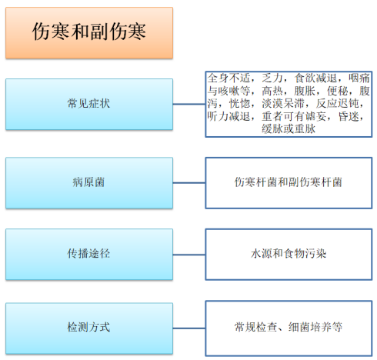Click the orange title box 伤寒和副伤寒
click(89, 33)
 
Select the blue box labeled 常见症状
click(89, 105)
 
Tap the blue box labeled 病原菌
click(89, 183)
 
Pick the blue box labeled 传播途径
click(89, 255)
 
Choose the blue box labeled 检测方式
click(89, 328)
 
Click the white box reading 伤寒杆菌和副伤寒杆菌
click(289, 183)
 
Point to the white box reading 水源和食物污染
click(289, 255)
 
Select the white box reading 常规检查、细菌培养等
click(289, 328)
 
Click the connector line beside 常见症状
click(189, 104)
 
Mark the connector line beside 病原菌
click(189, 183)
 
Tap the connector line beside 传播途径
click(189, 255)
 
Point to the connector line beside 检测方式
click(189, 328)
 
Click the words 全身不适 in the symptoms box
click(229, 78)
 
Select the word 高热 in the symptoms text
click(272, 91)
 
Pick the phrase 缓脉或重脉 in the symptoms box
click(289, 128)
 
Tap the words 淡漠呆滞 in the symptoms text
click(283, 104)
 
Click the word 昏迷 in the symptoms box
click(349, 116)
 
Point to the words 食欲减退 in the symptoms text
click(315, 78)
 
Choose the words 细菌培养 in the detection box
click(310, 327)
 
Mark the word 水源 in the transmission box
click(262, 254)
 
